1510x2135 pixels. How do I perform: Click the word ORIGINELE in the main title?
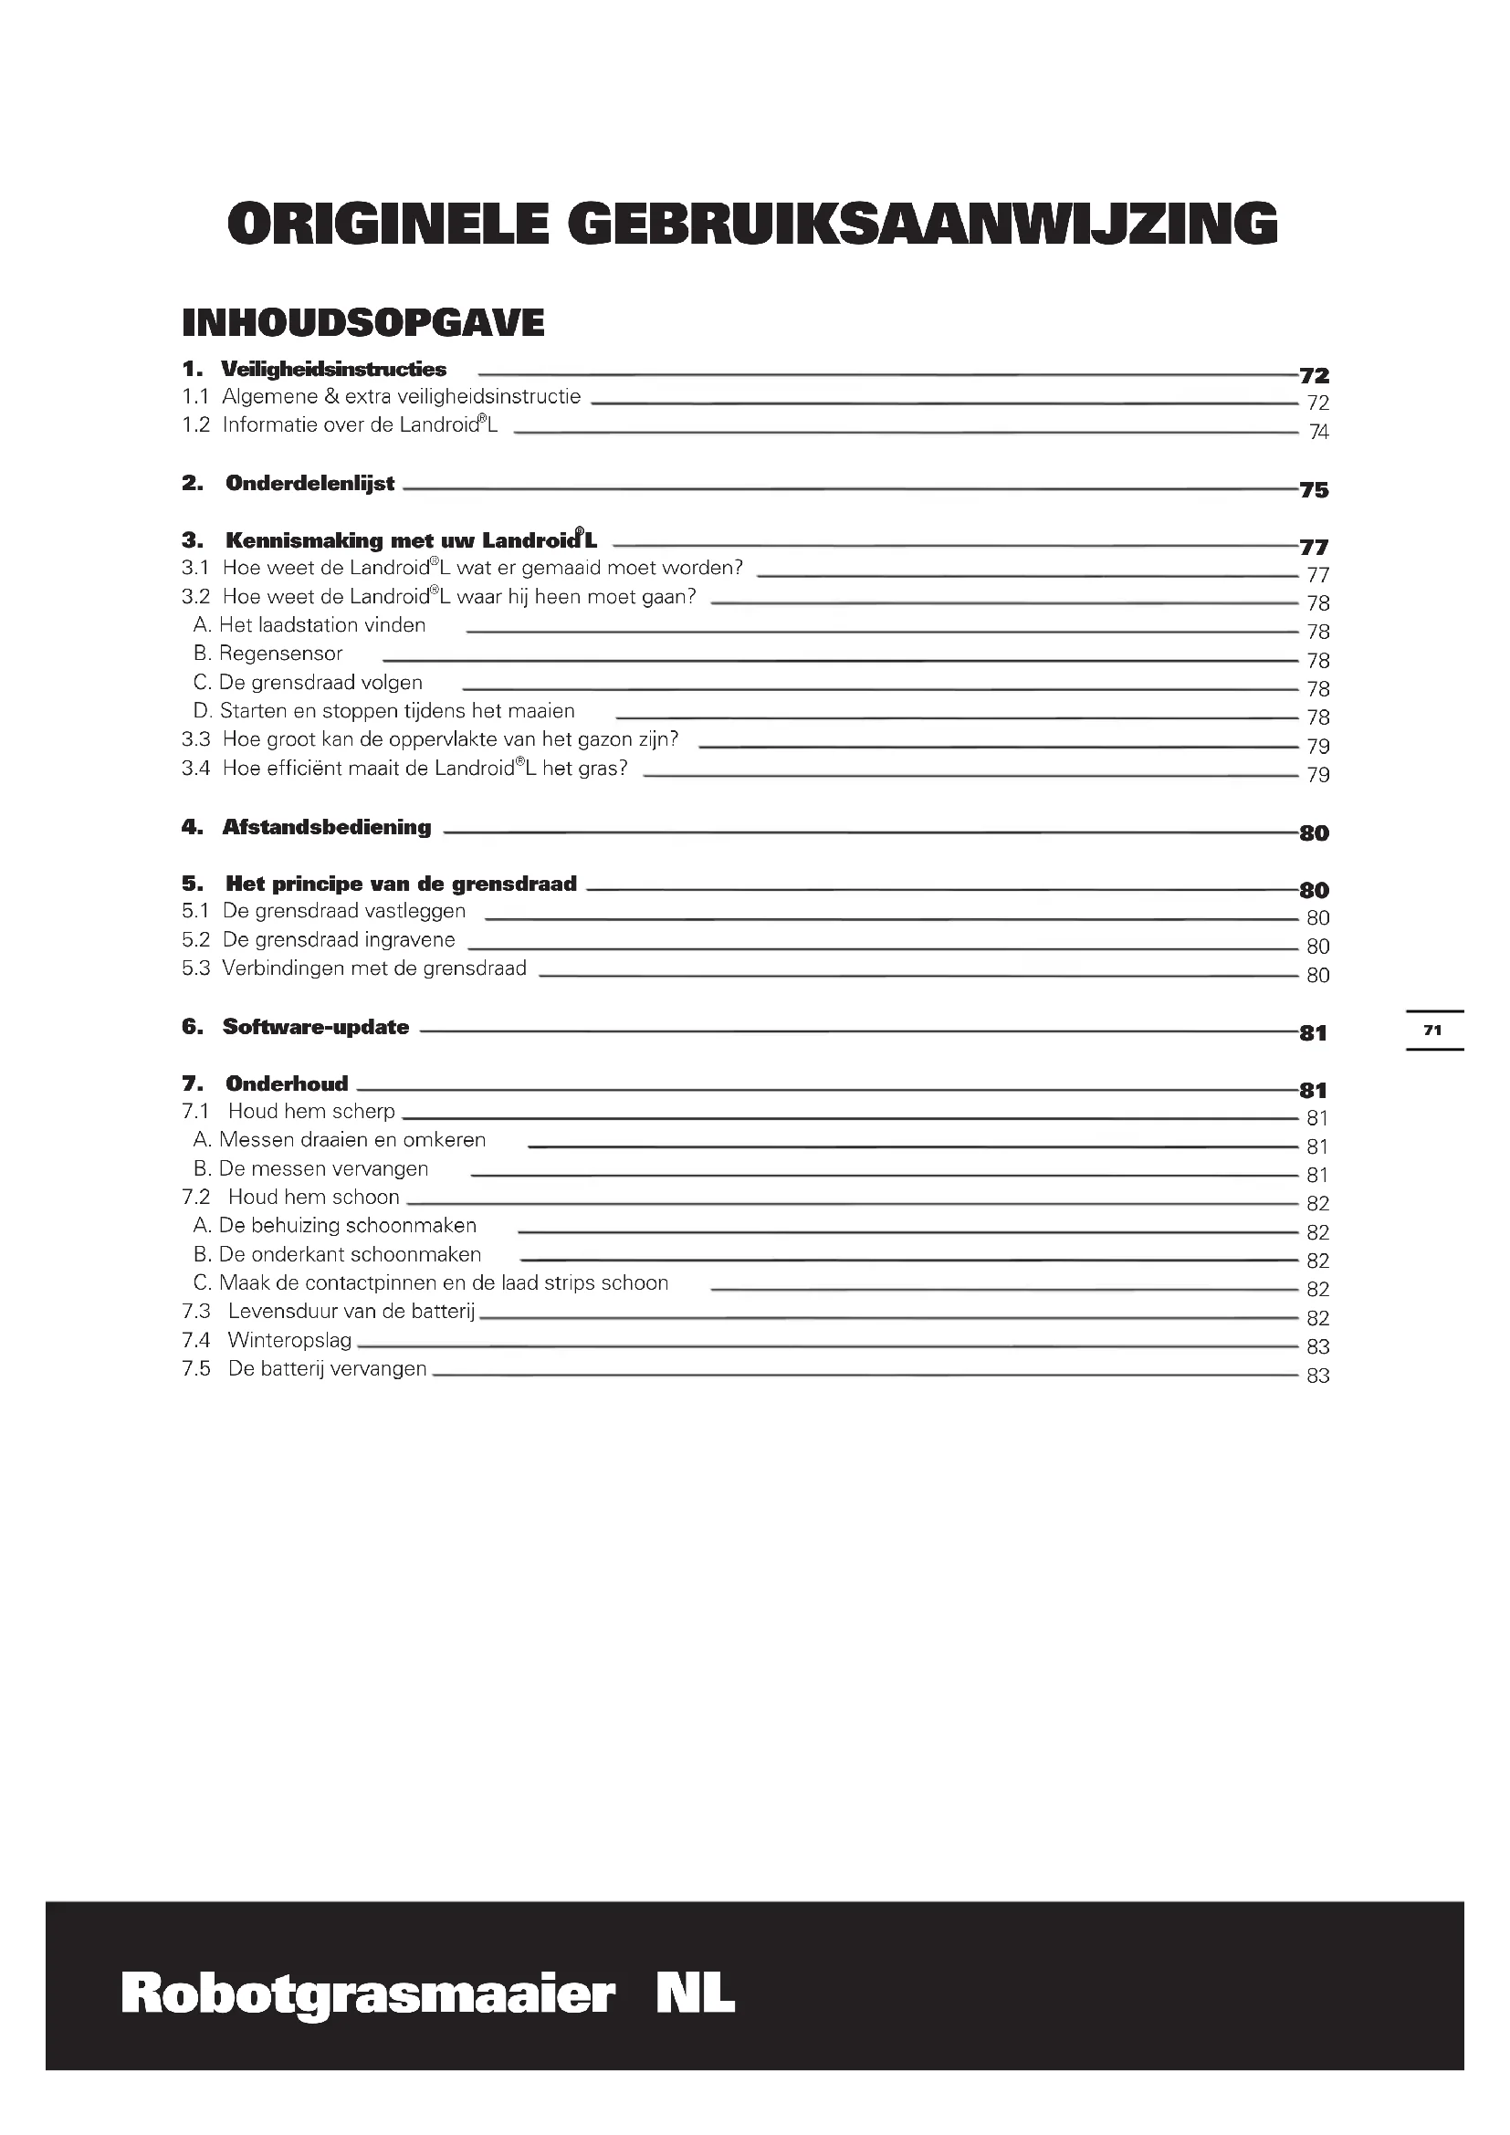pyautogui.click(x=389, y=225)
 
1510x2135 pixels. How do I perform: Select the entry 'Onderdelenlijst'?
pyautogui.click(x=309, y=484)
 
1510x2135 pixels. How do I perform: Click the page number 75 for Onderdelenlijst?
pyautogui.click(x=1314, y=490)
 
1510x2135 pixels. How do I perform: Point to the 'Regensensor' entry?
pyautogui.click(x=280, y=654)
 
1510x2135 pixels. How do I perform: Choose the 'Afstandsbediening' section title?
pyautogui.click(x=326, y=828)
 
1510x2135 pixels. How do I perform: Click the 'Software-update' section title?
pyautogui.click(x=315, y=1028)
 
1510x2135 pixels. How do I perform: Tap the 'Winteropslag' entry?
pyautogui.click(x=289, y=1340)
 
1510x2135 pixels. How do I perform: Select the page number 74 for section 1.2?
pyautogui.click(x=1318, y=432)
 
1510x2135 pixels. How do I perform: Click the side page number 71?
pyautogui.click(x=1431, y=1031)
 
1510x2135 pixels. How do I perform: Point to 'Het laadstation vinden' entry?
pyautogui.click(x=321, y=625)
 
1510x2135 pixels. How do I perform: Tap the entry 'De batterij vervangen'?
pyautogui.click(x=326, y=1369)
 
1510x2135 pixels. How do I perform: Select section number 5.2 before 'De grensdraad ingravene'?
pyautogui.click(x=195, y=940)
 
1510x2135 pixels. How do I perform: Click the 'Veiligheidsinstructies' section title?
pyautogui.click(x=333, y=369)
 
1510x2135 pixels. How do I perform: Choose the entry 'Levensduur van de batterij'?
pyautogui.click(x=351, y=1312)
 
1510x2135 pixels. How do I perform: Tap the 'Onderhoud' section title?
pyautogui.click(x=287, y=1084)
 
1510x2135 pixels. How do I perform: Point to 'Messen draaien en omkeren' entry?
pyautogui.click(x=351, y=1140)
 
